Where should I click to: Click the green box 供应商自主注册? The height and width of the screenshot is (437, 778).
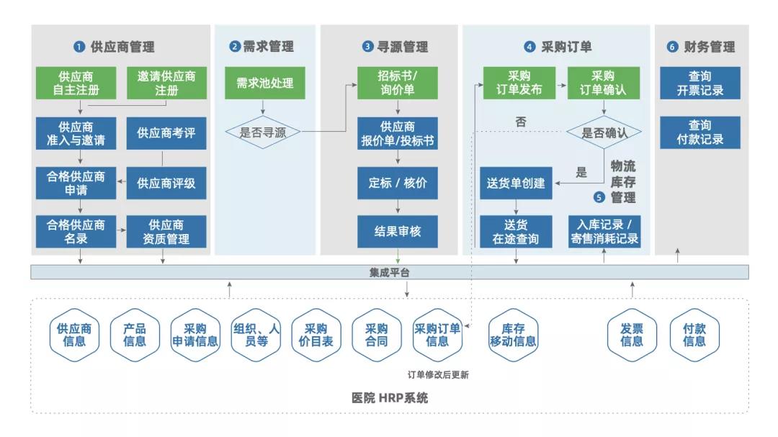point(76,83)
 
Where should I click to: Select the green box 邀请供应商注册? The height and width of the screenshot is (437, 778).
point(166,83)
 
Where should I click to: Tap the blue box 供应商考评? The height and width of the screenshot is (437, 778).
point(166,133)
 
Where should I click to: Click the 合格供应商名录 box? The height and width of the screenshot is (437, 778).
point(76,232)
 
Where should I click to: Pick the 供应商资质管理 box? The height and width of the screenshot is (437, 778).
point(166,232)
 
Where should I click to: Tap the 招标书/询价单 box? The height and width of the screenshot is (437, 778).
point(398,83)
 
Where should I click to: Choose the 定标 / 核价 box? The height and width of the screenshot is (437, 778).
point(398,183)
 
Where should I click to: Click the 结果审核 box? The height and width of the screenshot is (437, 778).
point(398,232)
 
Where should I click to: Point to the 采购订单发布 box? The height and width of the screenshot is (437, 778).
point(519,83)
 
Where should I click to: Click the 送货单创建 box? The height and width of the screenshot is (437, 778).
point(516,183)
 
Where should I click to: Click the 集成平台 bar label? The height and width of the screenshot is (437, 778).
point(390,272)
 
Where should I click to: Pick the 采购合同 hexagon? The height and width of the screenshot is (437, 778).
point(377,335)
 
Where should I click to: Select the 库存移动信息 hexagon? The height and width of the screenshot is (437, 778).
point(513,335)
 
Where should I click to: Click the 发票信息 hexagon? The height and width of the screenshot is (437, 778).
point(632,335)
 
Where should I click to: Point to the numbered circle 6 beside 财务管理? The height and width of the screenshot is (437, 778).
point(672,47)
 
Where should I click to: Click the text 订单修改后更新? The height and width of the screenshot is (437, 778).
point(439,374)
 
